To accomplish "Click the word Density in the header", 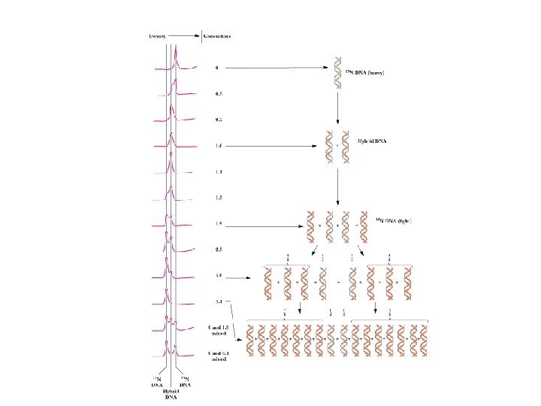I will coord(158,35).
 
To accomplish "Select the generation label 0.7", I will coord(219,120).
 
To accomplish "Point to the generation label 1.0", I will coord(219,146).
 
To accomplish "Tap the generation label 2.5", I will coord(219,249).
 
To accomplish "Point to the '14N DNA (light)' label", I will coord(394,220).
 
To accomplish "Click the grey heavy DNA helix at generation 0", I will coord(339,73).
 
